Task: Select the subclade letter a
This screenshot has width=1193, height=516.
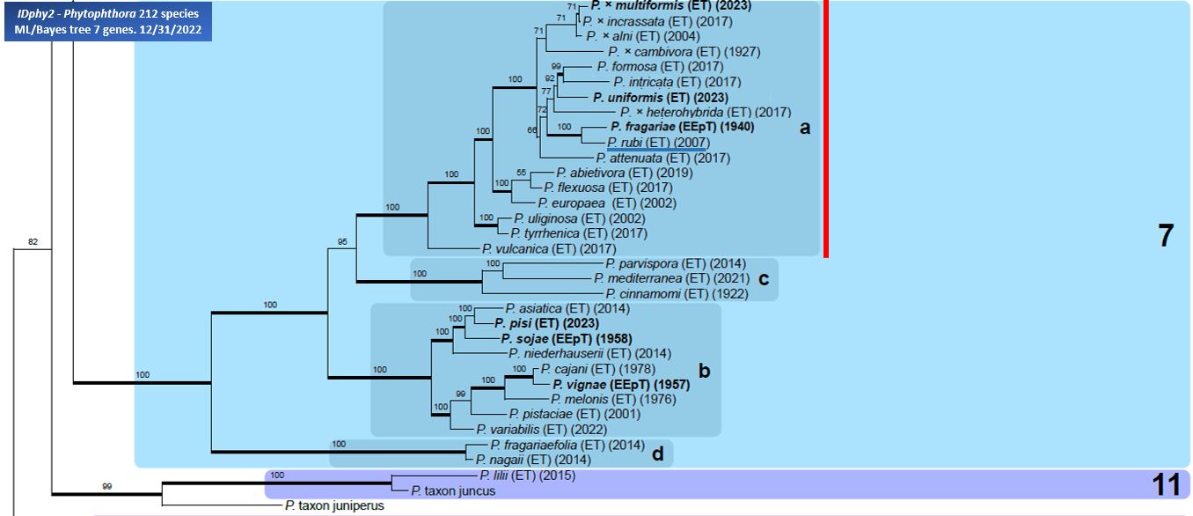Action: point(803,129)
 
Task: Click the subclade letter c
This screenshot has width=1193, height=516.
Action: point(764,279)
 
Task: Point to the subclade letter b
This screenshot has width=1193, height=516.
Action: point(703,371)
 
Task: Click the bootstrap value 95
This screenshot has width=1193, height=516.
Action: point(344,241)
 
